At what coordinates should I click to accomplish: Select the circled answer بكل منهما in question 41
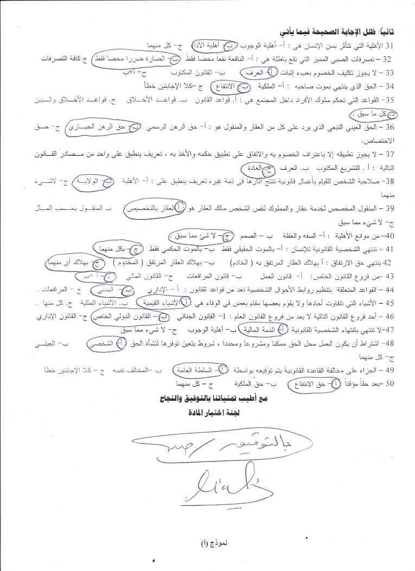[112, 249]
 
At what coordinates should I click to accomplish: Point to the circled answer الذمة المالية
[263, 329]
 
